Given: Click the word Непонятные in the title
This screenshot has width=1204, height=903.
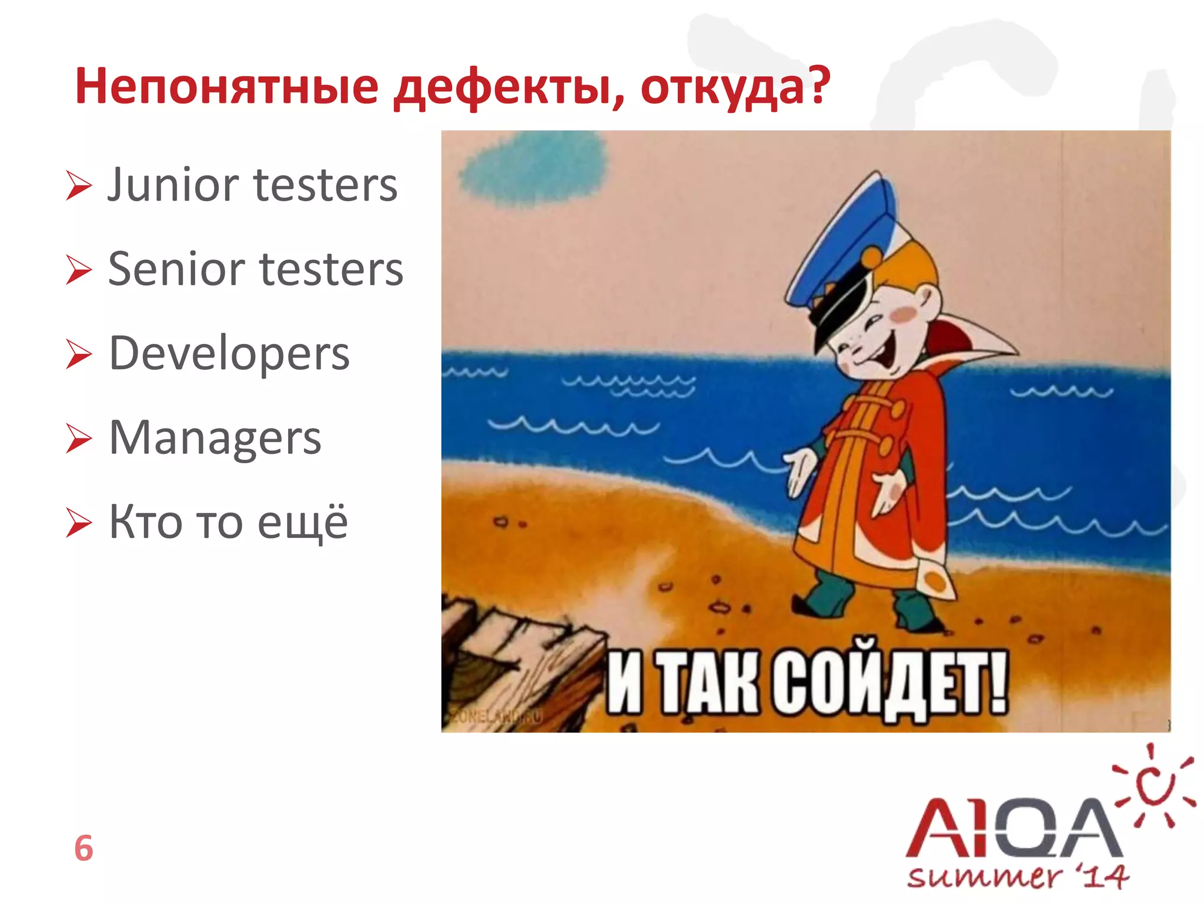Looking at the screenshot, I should point(226,87).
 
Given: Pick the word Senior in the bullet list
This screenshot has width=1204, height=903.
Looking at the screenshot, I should point(176,269).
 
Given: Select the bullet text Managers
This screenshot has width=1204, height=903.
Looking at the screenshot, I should point(215,439).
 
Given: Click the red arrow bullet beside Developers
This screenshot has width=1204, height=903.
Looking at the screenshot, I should point(79,354).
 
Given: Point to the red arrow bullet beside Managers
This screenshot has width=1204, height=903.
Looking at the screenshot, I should point(79,439).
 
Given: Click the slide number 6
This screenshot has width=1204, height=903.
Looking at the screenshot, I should point(83,848).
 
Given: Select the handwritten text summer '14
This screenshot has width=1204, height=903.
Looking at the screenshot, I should point(1017,877).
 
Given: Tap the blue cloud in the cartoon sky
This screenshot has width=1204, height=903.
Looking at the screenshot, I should point(533,167).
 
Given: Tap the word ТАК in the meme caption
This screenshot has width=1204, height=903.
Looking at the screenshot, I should point(708,685).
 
